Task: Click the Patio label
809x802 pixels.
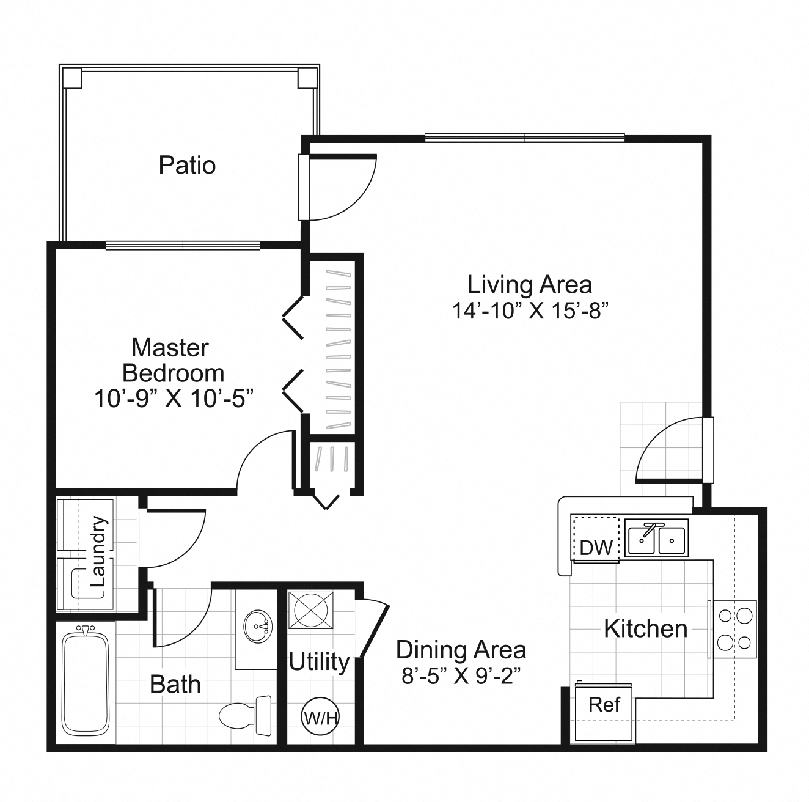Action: coord(187,165)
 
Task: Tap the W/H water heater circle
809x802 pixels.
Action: coord(320,716)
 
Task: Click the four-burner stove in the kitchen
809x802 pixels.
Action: coord(733,628)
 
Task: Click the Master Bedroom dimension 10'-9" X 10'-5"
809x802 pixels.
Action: coord(174,399)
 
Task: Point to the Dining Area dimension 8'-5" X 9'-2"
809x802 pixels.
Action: coord(461,676)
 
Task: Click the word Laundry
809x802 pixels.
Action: coord(98,552)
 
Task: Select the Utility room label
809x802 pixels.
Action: coord(319,661)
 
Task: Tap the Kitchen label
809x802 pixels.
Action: coord(645,628)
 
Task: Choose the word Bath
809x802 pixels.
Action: coord(175,684)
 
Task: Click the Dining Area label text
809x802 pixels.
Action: coord(461,650)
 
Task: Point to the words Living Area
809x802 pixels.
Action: coord(530,284)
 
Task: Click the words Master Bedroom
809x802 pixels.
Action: coord(171,360)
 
